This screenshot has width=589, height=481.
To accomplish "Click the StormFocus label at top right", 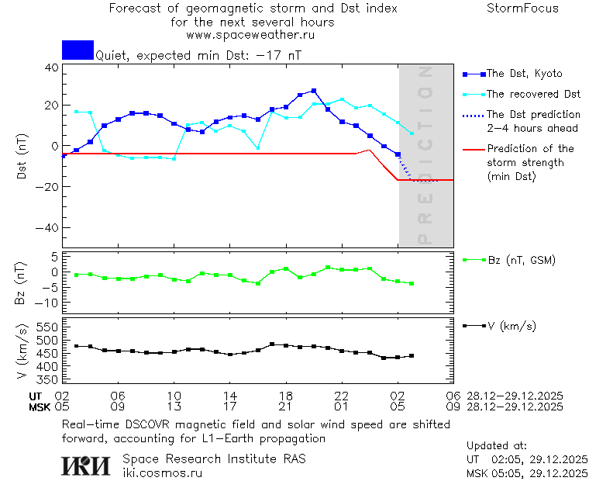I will [522, 9].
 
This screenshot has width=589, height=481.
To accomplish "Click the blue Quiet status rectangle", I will [77, 50].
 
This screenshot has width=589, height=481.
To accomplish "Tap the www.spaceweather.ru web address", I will [250, 35].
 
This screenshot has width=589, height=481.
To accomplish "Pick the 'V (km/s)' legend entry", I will [512, 326].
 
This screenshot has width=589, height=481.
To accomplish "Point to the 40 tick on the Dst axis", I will [52, 67].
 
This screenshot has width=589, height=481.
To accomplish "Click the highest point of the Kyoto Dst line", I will [314, 91].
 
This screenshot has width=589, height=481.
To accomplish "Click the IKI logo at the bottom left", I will [85, 465].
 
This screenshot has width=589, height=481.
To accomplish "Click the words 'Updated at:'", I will [496, 446].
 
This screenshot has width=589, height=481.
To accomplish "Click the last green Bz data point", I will [412, 284].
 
